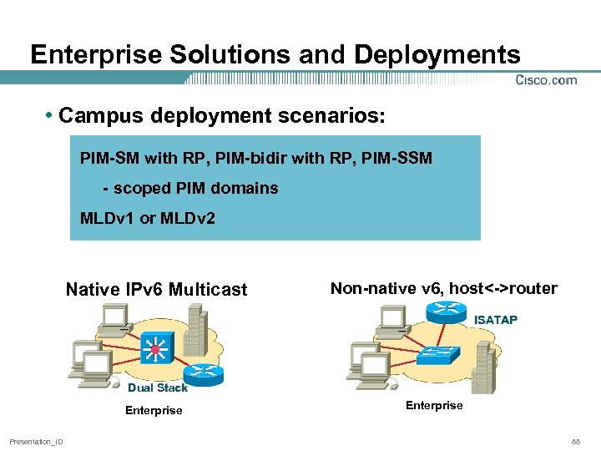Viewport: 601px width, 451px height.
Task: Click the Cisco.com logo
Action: pos(546,80)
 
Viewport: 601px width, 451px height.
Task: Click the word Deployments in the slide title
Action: pos(437,55)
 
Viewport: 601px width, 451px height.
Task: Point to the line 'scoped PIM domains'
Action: pos(195,188)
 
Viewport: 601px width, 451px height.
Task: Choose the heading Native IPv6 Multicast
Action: pos(157,290)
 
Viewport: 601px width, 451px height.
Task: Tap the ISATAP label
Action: pos(496,320)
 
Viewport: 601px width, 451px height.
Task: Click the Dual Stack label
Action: pos(158,388)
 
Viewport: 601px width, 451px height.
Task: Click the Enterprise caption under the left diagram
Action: pos(154,410)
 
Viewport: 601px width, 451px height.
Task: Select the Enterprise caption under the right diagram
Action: pos(434,405)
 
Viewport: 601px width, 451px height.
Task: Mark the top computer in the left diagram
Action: pos(112,317)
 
